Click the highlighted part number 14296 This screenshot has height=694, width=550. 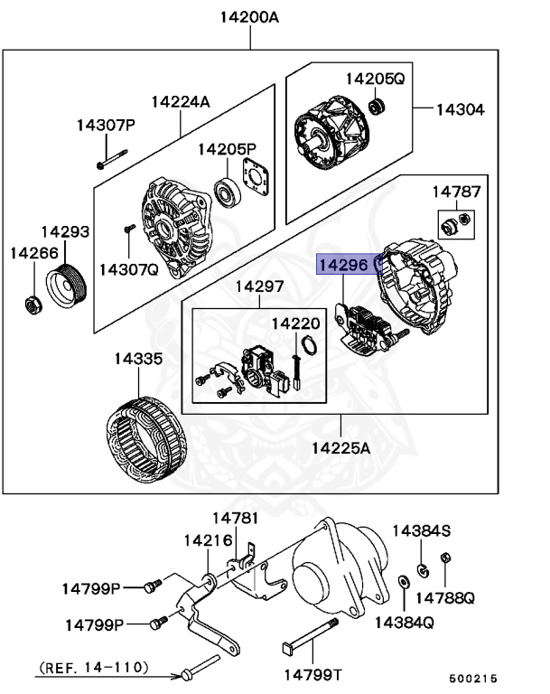[x=342, y=264]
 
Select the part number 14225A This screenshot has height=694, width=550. [x=341, y=447]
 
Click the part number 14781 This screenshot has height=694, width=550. [x=235, y=518]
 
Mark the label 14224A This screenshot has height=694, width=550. [x=180, y=102]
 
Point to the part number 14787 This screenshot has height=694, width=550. [x=456, y=192]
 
